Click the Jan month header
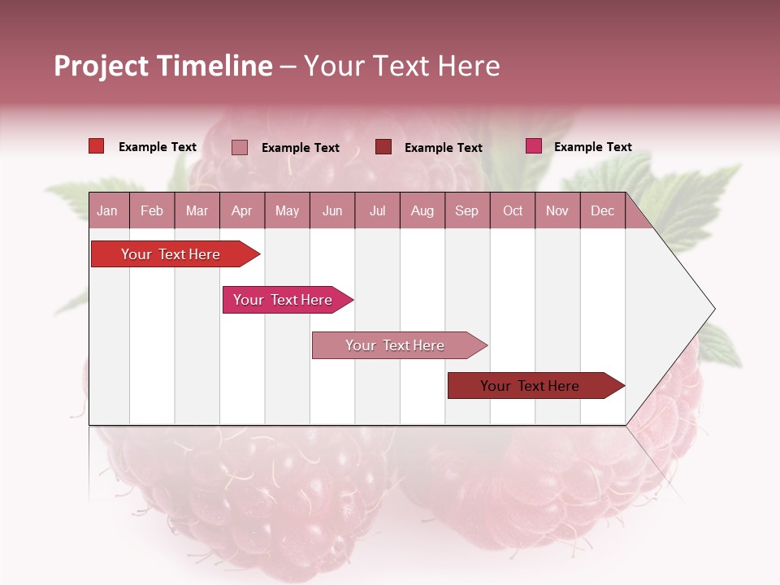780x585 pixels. pos(107,210)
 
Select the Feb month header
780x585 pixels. pos(152,210)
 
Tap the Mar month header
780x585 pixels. pos(197,210)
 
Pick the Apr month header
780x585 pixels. pos(241,210)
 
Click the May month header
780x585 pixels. pos(287,210)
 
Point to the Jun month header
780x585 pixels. pos(332,210)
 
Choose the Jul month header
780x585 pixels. pos(378,210)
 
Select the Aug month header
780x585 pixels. pos(422,210)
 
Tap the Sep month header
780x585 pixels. pos(467,210)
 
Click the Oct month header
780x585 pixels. pos(513,210)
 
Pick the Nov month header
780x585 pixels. pos(557,210)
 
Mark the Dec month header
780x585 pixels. pos(602,210)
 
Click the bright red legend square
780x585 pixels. pos(97,146)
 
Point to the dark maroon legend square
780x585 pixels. pos(383,147)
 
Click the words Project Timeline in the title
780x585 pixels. pos(163,66)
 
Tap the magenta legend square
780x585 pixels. pos(534,146)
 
